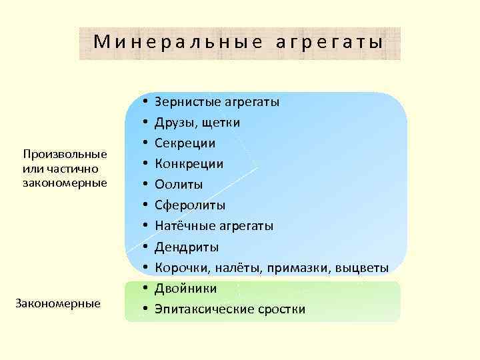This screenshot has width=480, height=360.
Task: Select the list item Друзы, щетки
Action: point(197,123)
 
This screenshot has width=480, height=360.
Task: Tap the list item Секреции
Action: point(185,143)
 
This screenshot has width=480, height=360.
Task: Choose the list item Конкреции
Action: point(189,164)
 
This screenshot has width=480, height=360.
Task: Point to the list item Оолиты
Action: point(179,185)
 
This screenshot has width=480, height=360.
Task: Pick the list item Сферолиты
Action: point(190,205)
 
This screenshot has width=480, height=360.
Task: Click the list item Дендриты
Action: point(187,247)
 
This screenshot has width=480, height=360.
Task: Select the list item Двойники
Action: point(185,289)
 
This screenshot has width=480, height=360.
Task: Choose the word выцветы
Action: point(364,268)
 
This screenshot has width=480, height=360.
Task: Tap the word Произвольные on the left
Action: point(65,155)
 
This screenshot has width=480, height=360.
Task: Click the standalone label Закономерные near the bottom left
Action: point(58,303)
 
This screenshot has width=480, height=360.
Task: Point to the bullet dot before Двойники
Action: point(145,289)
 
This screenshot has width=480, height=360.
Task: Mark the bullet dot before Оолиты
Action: point(145,185)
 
